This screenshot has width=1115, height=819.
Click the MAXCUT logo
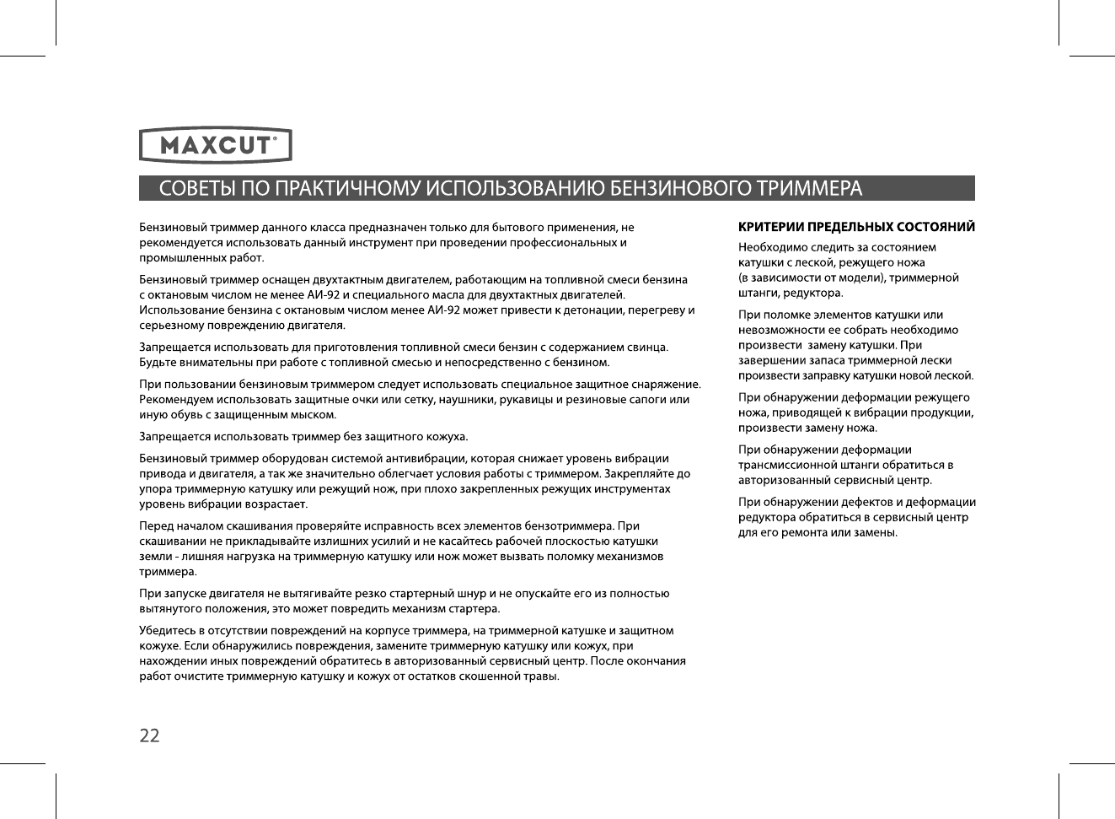pyautogui.click(x=215, y=145)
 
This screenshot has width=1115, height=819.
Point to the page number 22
pyautogui.click(x=149, y=735)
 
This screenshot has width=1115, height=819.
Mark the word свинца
pyautogui.click(x=647, y=348)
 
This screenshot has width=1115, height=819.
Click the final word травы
pyautogui.click(x=540, y=676)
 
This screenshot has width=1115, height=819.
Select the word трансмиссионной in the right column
pyautogui.click(x=784, y=466)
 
